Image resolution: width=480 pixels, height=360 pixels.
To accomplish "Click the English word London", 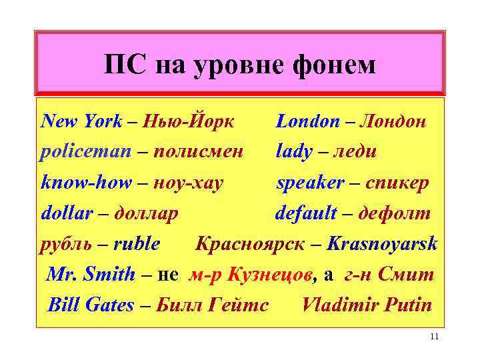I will coord(308,121).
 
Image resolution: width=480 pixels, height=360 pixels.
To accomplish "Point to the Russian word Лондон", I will coord(393,121).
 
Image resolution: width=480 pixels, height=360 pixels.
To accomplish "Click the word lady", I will coord(294,152).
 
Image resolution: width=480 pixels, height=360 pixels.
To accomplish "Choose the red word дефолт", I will coord(395,213).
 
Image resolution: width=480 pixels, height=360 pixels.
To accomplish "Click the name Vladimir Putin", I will coord(367,305).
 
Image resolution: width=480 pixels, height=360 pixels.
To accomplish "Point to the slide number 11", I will coord(434,337).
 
